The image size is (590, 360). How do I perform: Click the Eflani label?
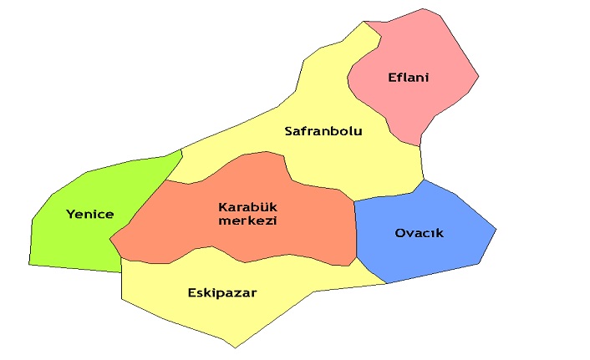[x=408, y=79]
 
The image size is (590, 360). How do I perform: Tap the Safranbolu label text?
[x=323, y=131]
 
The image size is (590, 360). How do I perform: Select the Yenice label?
[x=89, y=215]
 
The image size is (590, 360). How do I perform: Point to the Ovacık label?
[x=419, y=233]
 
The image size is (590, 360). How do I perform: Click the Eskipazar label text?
[x=221, y=293]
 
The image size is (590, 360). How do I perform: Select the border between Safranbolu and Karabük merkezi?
[x=288, y=175]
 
